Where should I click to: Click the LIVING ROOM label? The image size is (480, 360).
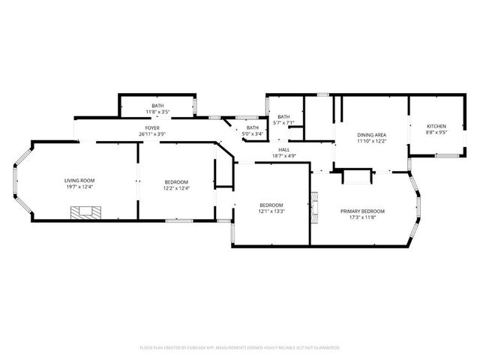[x=79, y=180]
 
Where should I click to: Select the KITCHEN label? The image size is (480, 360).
[x=436, y=125]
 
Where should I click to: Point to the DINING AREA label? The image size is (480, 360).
[x=370, y=135]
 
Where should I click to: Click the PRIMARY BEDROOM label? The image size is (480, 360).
[x=361, y=211]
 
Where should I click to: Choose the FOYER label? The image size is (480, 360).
[x=152, y=128]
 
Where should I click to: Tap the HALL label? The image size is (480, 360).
[x=284, y=150]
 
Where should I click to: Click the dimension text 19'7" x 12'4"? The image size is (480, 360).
[x=79, y=187]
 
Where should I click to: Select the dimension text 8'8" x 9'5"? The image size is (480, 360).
[x=436, y=132]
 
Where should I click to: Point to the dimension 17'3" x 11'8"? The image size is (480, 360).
[x=361, y=218]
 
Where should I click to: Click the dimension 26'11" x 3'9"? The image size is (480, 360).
[x=152, y=134]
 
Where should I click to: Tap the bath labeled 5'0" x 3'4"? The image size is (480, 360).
[x=253, y=130]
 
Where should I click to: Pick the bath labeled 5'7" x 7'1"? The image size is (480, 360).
[x=284, y=119]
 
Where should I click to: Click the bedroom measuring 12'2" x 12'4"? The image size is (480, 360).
[x=177, y=184]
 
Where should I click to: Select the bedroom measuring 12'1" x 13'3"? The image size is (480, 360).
[x=271, y=208]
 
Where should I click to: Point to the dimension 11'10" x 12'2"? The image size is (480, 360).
[x=370, y=141]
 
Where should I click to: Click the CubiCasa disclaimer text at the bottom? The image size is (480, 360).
[x=240, y=347]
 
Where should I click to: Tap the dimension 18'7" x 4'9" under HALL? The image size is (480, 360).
[x=284, y=156]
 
